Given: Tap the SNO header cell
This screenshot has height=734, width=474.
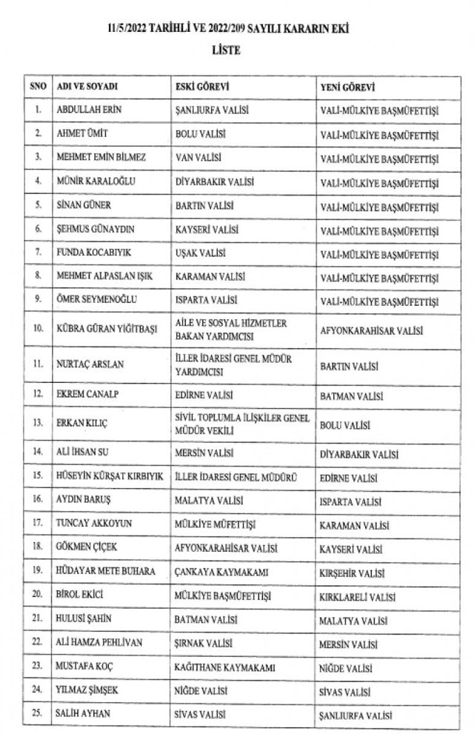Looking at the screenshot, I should [x=38, y=87].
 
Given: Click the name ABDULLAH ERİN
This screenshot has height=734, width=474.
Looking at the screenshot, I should [x=89, y=111].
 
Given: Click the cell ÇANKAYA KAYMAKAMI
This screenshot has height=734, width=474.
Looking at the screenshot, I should [x=212, y=572].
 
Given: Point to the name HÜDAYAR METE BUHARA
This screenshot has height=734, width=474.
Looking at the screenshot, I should [x=106, y=572].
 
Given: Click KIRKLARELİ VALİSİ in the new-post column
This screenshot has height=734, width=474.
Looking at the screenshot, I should [x=358, y=596].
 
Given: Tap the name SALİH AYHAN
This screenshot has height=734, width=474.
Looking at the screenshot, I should [x=82, y=715].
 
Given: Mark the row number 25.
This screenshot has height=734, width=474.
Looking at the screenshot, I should [x=38, y=715].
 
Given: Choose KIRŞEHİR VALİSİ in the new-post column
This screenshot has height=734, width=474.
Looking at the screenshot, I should [x=353, y=572].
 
